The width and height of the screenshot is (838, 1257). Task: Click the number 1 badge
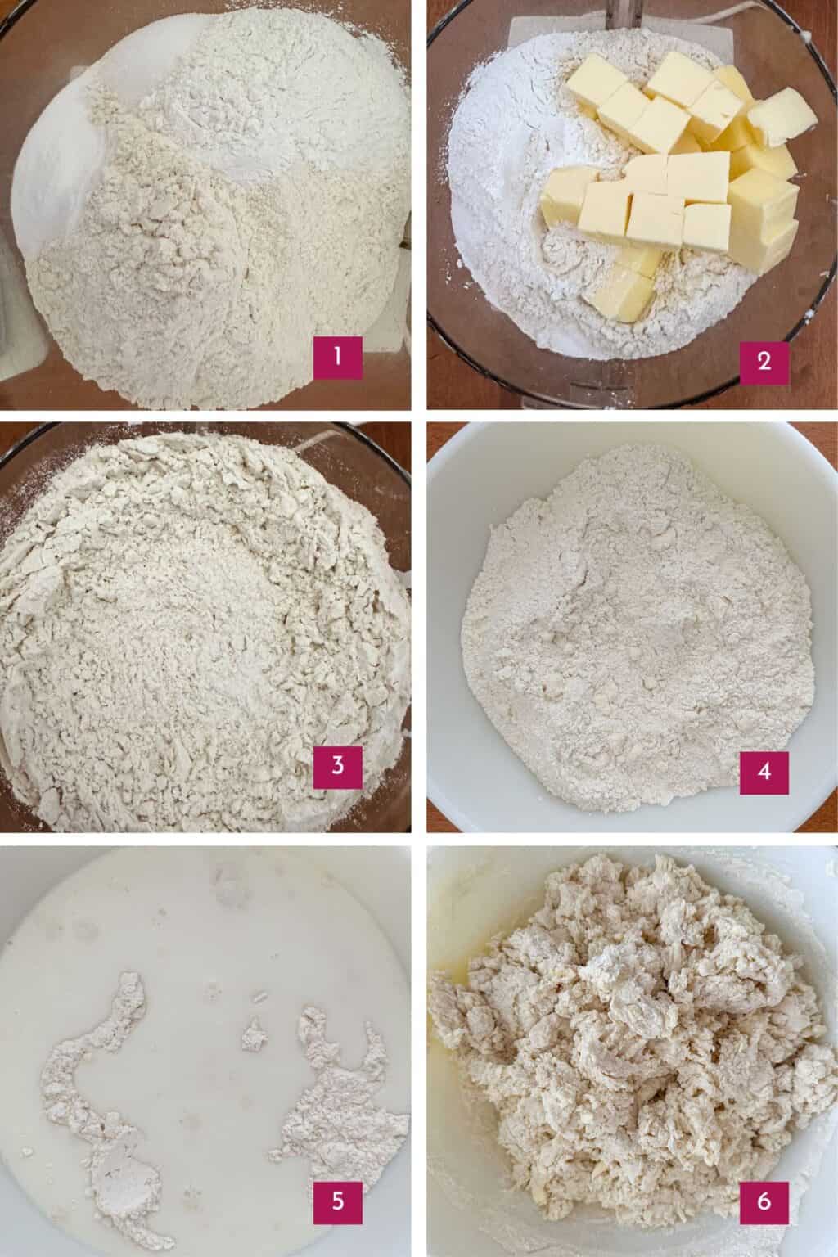pos(337,361)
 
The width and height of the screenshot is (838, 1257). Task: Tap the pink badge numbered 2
pos(764,361)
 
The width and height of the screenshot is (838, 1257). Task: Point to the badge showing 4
pos(764,770)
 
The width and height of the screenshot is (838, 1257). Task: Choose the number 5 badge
pos(337,1201)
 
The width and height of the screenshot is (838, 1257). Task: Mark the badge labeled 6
pos(764,1201)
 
